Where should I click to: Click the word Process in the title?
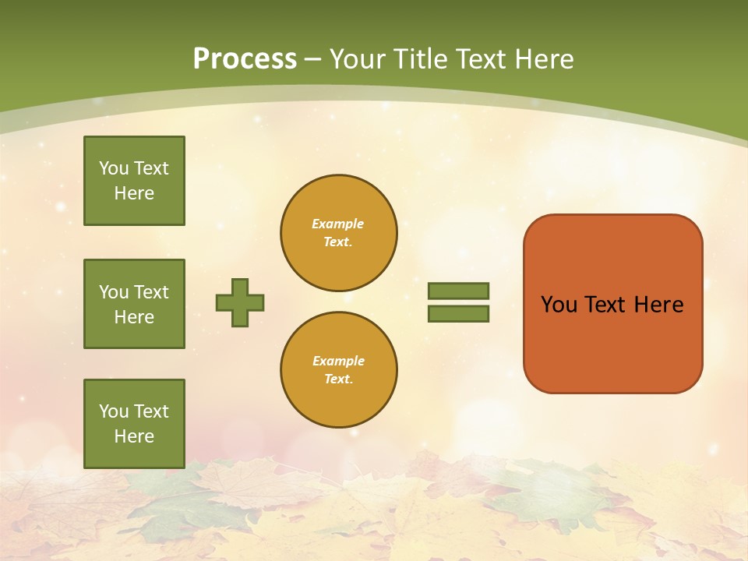245,59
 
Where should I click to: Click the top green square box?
134,181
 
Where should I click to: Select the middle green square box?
134,304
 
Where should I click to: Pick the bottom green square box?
134,423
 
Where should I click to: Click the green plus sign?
240,302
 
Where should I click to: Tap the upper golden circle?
339,233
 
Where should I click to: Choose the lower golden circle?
339,370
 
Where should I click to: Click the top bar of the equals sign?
458,291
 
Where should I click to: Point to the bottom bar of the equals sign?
458,314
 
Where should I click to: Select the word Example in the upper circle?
338,224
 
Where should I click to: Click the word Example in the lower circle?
338,362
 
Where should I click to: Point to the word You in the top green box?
113,168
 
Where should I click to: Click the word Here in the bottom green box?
134,436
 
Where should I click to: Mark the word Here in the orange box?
658,305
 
